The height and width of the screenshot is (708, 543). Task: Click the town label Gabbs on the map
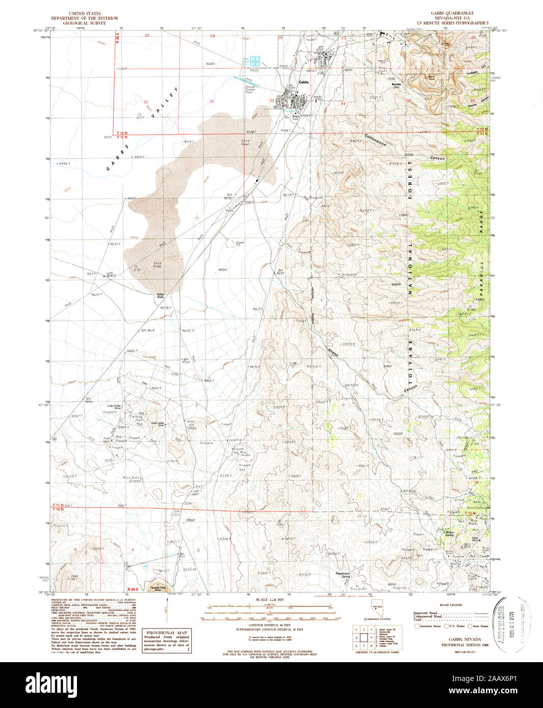click(x=304, y=82)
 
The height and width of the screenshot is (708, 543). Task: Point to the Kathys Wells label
click(x=160, y=295)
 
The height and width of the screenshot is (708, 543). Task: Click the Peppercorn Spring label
click(x=346, y=574)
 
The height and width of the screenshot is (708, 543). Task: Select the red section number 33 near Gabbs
click(x=272, y=101)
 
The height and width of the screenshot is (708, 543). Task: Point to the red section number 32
click(x=212, y=101)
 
